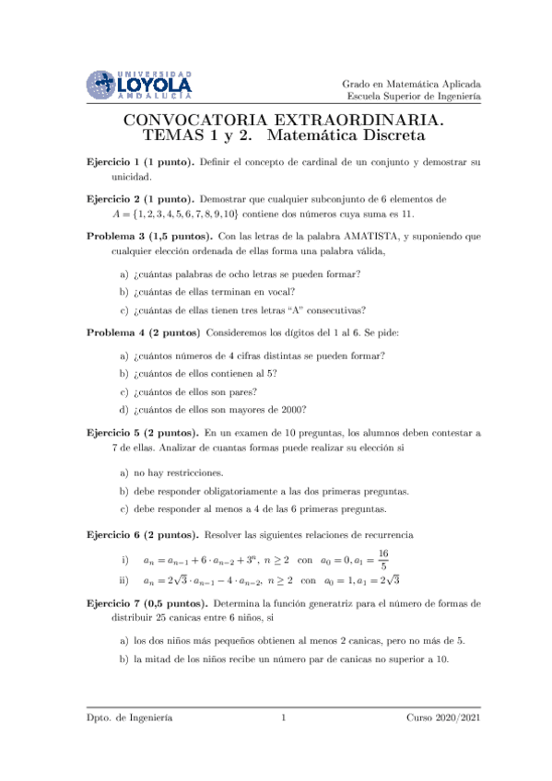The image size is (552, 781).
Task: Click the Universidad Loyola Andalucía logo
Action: tap(138, 84)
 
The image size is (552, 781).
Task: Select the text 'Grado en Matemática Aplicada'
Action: tap(411, 83)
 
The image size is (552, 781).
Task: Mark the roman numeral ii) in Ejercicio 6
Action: tap(124, 581)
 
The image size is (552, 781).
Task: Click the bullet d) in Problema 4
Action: tap(124, 410)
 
